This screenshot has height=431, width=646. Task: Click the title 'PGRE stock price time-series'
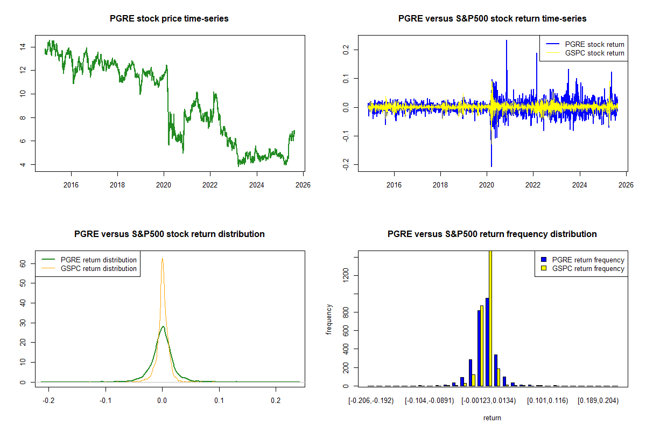tap(169, 18)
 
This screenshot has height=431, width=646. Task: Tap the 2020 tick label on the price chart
tap(164, 184)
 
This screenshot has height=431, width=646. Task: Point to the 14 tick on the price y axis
tap(22, 47)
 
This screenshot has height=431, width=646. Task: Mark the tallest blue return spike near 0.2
tap(506, 41)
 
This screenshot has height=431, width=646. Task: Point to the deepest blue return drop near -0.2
tap(491, 165)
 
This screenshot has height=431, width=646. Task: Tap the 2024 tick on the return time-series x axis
tap(579, 184)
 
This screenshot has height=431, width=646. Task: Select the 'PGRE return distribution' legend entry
tap(99, 260)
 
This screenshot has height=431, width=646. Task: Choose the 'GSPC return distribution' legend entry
tap(99, 268)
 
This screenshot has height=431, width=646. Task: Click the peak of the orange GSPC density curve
tap(162, 259)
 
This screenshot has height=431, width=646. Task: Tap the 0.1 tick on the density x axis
tap(219, 400)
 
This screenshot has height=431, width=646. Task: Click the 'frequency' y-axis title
tap(329, 319)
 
